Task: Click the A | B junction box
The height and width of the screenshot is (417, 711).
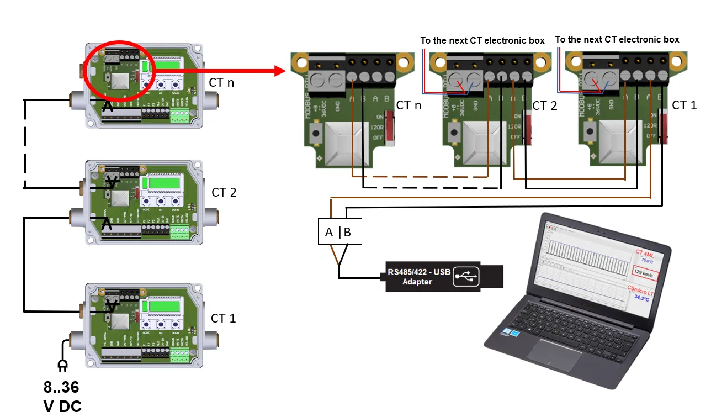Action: pyautogui.click(x=339, y=233)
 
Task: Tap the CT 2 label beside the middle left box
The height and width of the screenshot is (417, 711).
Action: pyautogui.click(x=224, y=193)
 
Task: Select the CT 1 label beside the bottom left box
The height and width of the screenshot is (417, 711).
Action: pyautogui.click(x=223, y=319)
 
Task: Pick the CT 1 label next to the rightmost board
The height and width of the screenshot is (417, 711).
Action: pyautogui.click(x=685, y=105)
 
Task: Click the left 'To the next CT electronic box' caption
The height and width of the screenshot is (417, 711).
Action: pyautogui.click(x=482, y=41)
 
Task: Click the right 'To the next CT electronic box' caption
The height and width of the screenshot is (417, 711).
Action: pyautogui.click(x=617, y=40)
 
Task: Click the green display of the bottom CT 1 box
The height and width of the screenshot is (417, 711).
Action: pyautogui.click(x=165, y=306)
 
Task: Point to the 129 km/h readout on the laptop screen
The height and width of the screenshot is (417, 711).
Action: pyautogui.click(x=643, y=273)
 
